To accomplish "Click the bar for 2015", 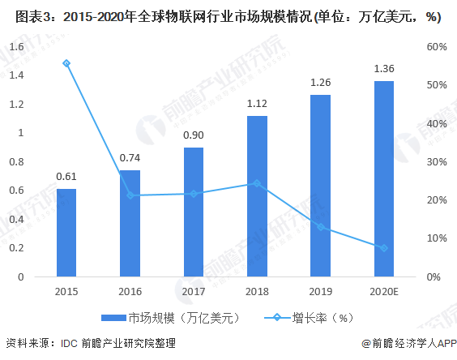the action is [66, 233].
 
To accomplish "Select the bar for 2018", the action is [257, 196].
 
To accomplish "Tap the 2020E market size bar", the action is [384, 179].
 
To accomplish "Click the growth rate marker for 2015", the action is [66, 63].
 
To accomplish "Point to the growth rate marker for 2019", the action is [321, 227].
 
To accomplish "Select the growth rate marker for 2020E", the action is [384, 248].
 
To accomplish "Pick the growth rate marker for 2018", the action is [257, 183].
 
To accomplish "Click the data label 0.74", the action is [130, 158].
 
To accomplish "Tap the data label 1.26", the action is [321, 83].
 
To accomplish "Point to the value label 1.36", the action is [384, 69].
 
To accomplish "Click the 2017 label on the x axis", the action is [194, 291].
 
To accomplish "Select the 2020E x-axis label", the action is [384, 291].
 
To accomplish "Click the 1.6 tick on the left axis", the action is [17, 47].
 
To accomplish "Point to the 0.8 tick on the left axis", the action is [17, 161].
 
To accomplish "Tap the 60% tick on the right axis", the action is [437, 47].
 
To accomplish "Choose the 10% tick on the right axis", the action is [437, 238].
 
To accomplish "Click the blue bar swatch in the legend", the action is [113, 318].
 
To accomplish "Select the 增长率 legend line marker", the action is [277, 317].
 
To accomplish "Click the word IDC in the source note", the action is [69, 343].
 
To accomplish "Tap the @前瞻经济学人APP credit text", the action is [409, 343].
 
